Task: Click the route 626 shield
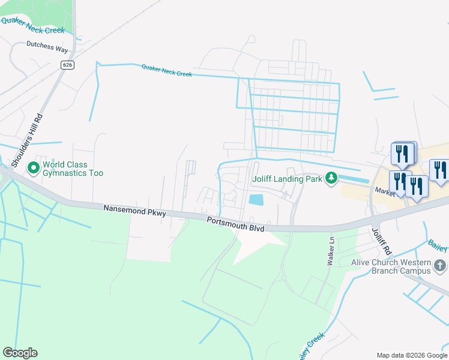click(67, 64)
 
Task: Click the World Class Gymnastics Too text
click(73, 169)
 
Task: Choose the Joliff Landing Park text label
click(286, 178)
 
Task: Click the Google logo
click(20, 352)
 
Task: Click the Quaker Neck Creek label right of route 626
click(167, 70)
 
